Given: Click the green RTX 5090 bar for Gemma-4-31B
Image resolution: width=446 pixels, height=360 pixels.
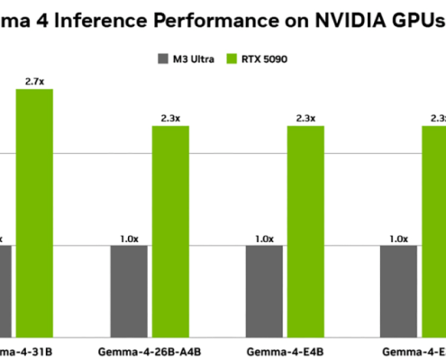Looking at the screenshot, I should tap(34, 211).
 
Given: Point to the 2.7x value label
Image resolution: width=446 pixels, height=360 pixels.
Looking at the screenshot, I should tap(34, 81).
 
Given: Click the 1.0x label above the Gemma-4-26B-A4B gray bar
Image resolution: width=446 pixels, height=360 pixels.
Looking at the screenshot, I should tap(129, 238).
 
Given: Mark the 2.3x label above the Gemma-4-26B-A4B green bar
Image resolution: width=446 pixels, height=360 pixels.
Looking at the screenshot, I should tap(170, 118).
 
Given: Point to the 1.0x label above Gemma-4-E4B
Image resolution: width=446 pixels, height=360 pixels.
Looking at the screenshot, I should tap(264, 238).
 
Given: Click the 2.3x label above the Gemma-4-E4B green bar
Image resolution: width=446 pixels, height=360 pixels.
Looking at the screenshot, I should tap(305, 118).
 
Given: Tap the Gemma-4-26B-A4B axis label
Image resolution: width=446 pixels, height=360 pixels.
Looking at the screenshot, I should tap(150, 349).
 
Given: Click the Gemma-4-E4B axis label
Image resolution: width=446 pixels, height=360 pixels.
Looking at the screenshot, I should tap(285, 349).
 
